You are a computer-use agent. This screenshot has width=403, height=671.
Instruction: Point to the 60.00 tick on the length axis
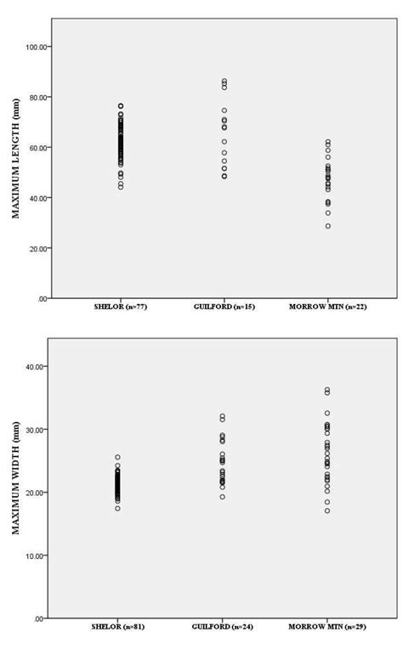tap(37, 147)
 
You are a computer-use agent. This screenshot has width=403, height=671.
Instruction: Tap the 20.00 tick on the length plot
tap(37, 248)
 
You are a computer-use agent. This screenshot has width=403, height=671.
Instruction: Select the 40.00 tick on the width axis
tap(37, 366)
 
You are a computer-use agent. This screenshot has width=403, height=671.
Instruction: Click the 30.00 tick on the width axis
tap(37, 429)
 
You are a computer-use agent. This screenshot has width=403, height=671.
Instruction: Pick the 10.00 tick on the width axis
tap(37, 555)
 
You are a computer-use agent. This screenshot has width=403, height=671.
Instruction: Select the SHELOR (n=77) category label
tap(120, 307)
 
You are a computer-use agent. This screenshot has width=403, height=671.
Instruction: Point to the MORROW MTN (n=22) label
tap(326, 307)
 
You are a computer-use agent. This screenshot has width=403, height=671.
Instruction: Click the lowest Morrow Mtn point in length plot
tap(327, 226)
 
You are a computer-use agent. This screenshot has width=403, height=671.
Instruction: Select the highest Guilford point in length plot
tap(224, 82)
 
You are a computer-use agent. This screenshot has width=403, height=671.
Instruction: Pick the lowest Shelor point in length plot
tap(120, 187)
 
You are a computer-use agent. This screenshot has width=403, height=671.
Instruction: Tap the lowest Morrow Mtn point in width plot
tap(327, 510)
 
